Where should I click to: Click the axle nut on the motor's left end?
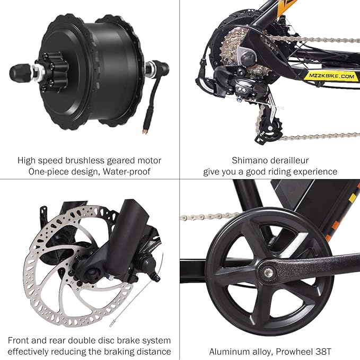click(17, 71)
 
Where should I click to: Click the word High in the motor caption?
click(27, 160)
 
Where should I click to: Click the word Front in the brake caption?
click(20, 340)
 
